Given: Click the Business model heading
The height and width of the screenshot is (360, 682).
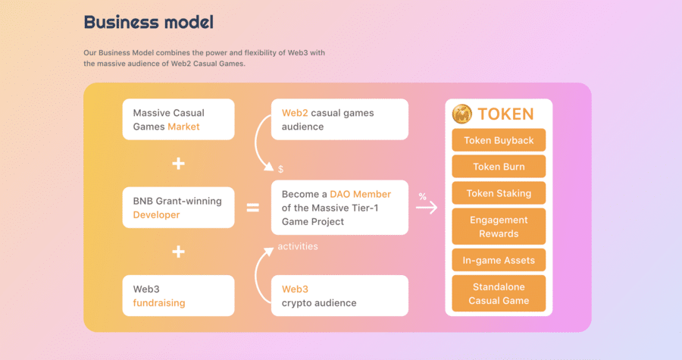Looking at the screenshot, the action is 149,22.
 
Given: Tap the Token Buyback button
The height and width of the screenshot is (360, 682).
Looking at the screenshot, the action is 499,140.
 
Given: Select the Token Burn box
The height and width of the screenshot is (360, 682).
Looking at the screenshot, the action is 499,167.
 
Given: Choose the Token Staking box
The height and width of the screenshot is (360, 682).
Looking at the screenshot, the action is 499,193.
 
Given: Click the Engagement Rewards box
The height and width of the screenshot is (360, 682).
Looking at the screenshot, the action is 499,227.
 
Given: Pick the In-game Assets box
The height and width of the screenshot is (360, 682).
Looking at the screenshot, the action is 499,260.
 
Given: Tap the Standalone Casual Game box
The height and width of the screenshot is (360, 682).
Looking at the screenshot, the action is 499,293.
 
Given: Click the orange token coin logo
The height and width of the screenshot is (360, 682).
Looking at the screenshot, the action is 462,114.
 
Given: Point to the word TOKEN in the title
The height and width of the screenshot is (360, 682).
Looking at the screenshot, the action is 505,114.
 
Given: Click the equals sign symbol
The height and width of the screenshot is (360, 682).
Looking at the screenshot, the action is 252,208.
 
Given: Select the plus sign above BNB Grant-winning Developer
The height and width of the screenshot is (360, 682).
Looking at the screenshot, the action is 178,164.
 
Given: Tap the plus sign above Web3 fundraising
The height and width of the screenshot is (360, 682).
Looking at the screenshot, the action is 178,252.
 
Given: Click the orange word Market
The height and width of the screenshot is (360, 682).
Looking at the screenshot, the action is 183,127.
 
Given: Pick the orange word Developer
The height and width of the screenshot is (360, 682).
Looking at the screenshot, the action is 156,214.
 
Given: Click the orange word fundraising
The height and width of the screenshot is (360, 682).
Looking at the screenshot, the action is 159,302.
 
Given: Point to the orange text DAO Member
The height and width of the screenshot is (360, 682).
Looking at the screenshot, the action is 360,194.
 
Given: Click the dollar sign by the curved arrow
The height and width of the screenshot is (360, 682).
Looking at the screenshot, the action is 280,169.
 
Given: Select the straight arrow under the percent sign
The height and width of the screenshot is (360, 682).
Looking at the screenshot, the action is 427,208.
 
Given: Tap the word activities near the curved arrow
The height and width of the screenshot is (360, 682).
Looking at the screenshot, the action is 298,246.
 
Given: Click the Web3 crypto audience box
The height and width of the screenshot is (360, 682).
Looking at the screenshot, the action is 339,296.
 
